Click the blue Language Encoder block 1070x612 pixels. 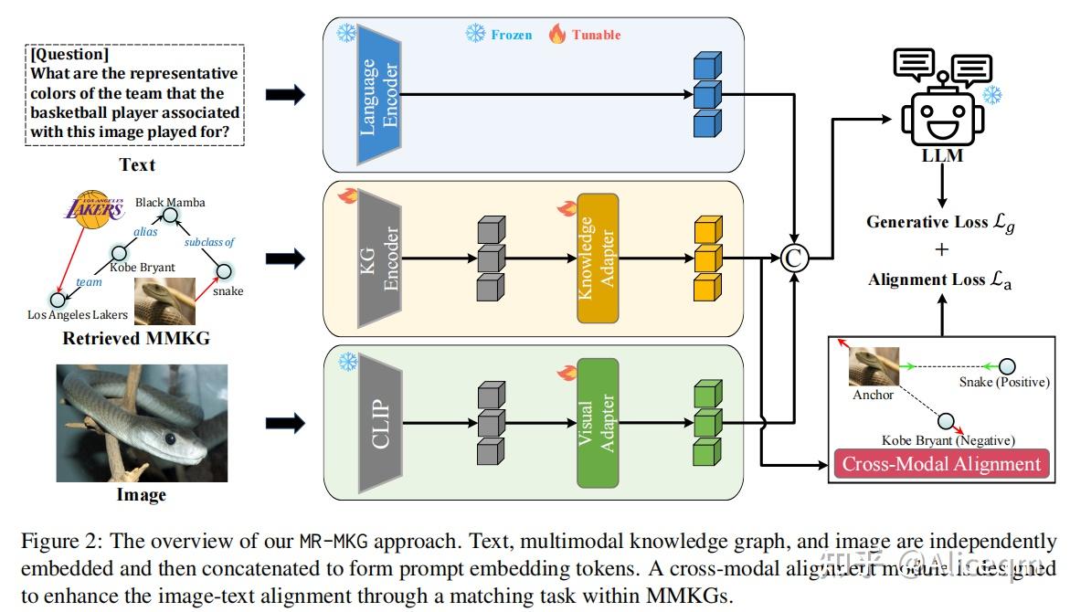[x=380, y=97]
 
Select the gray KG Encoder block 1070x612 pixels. [x=381, y=259]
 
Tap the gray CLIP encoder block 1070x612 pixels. [x=381, y=423]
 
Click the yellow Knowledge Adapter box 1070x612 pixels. [x=598, y=259]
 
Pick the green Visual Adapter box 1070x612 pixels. [x=598, y=423]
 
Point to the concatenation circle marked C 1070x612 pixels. [x=793, y=259]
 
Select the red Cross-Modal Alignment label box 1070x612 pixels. [x=941, y=464]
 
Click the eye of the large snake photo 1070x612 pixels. [x=170, y=438]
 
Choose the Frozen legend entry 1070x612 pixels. [x=499, y=35]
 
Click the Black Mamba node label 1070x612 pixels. [x=170, y=203]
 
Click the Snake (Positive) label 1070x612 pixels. [x=1003, y=382]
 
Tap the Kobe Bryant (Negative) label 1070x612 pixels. [x=948, y=440]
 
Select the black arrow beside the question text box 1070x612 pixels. [x=284, y=95]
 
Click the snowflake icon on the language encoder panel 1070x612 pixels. [x=346, y=34]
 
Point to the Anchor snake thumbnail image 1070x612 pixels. [x=870, y=367]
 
